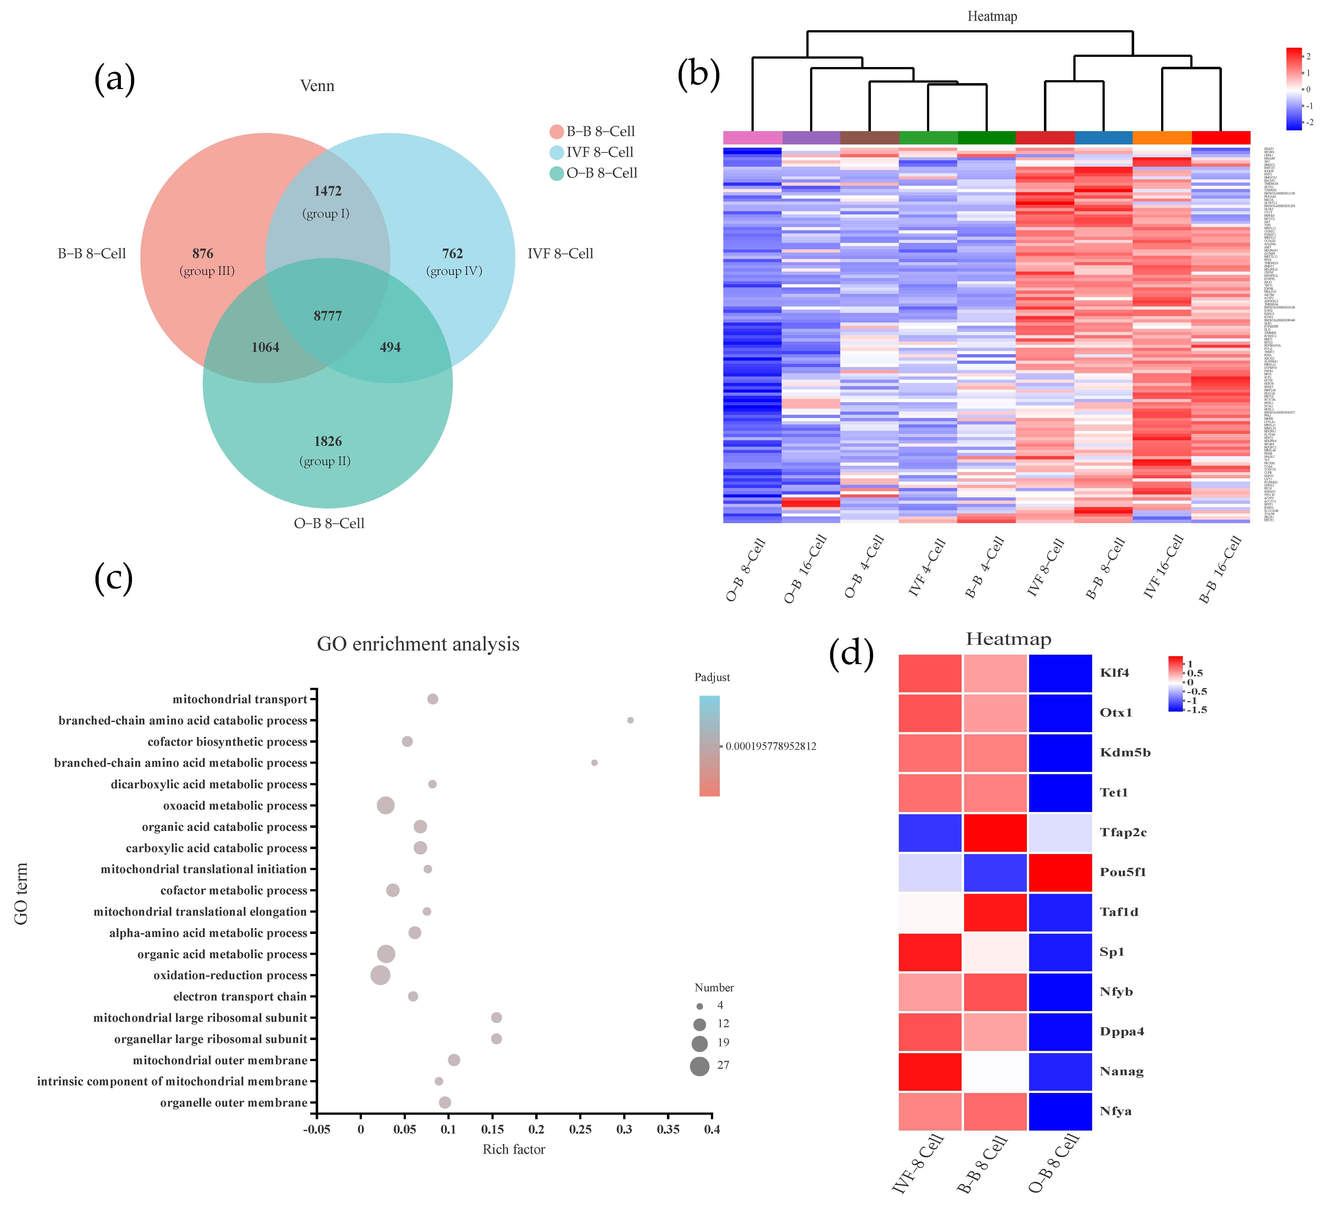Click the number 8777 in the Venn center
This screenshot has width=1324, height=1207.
point(328,316)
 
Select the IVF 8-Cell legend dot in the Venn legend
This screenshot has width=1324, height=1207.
point(557,152)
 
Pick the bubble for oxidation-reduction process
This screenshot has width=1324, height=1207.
point(380,975)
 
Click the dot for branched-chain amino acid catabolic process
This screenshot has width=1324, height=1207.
point(630,720)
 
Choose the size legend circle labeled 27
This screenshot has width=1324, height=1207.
point(699,1066)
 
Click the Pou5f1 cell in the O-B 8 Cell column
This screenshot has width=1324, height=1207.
point(1060,872)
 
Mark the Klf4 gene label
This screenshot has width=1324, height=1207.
point(1114,673)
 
